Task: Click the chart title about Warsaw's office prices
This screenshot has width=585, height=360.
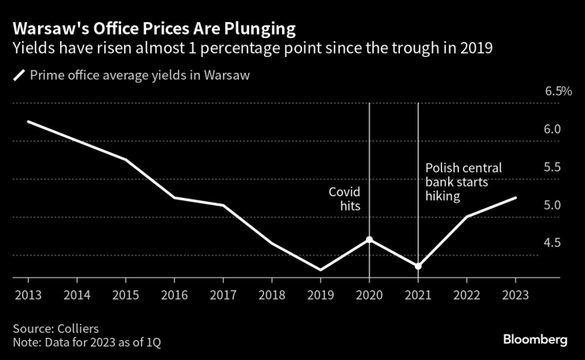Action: click(x=154, y=29)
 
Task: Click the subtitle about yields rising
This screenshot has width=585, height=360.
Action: click(x=252, y=49)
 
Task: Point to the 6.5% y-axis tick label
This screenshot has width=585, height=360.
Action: click(x=558, y=92)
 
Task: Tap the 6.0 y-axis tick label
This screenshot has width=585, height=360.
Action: click(x=553, y=129)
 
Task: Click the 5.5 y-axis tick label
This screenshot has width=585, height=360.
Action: click(x=553, y=167)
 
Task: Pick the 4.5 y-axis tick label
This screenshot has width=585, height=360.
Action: click(x=553, y=243)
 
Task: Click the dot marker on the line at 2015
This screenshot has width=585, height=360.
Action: click(x=126, y=160)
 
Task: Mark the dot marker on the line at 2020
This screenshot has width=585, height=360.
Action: click(x=369, y=239)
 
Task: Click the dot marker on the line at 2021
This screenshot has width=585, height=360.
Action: click(x=418, y=266)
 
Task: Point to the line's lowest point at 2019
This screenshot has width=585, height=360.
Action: click(x=320, y=270)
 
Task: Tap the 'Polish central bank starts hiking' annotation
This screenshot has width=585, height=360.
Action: click(x=463, y=182)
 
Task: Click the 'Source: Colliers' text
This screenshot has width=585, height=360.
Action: click(x=53, y=328)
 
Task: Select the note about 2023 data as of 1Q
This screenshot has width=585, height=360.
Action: click(x=92, y=342)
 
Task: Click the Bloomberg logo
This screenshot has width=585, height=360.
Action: click(x=535, y=339)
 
